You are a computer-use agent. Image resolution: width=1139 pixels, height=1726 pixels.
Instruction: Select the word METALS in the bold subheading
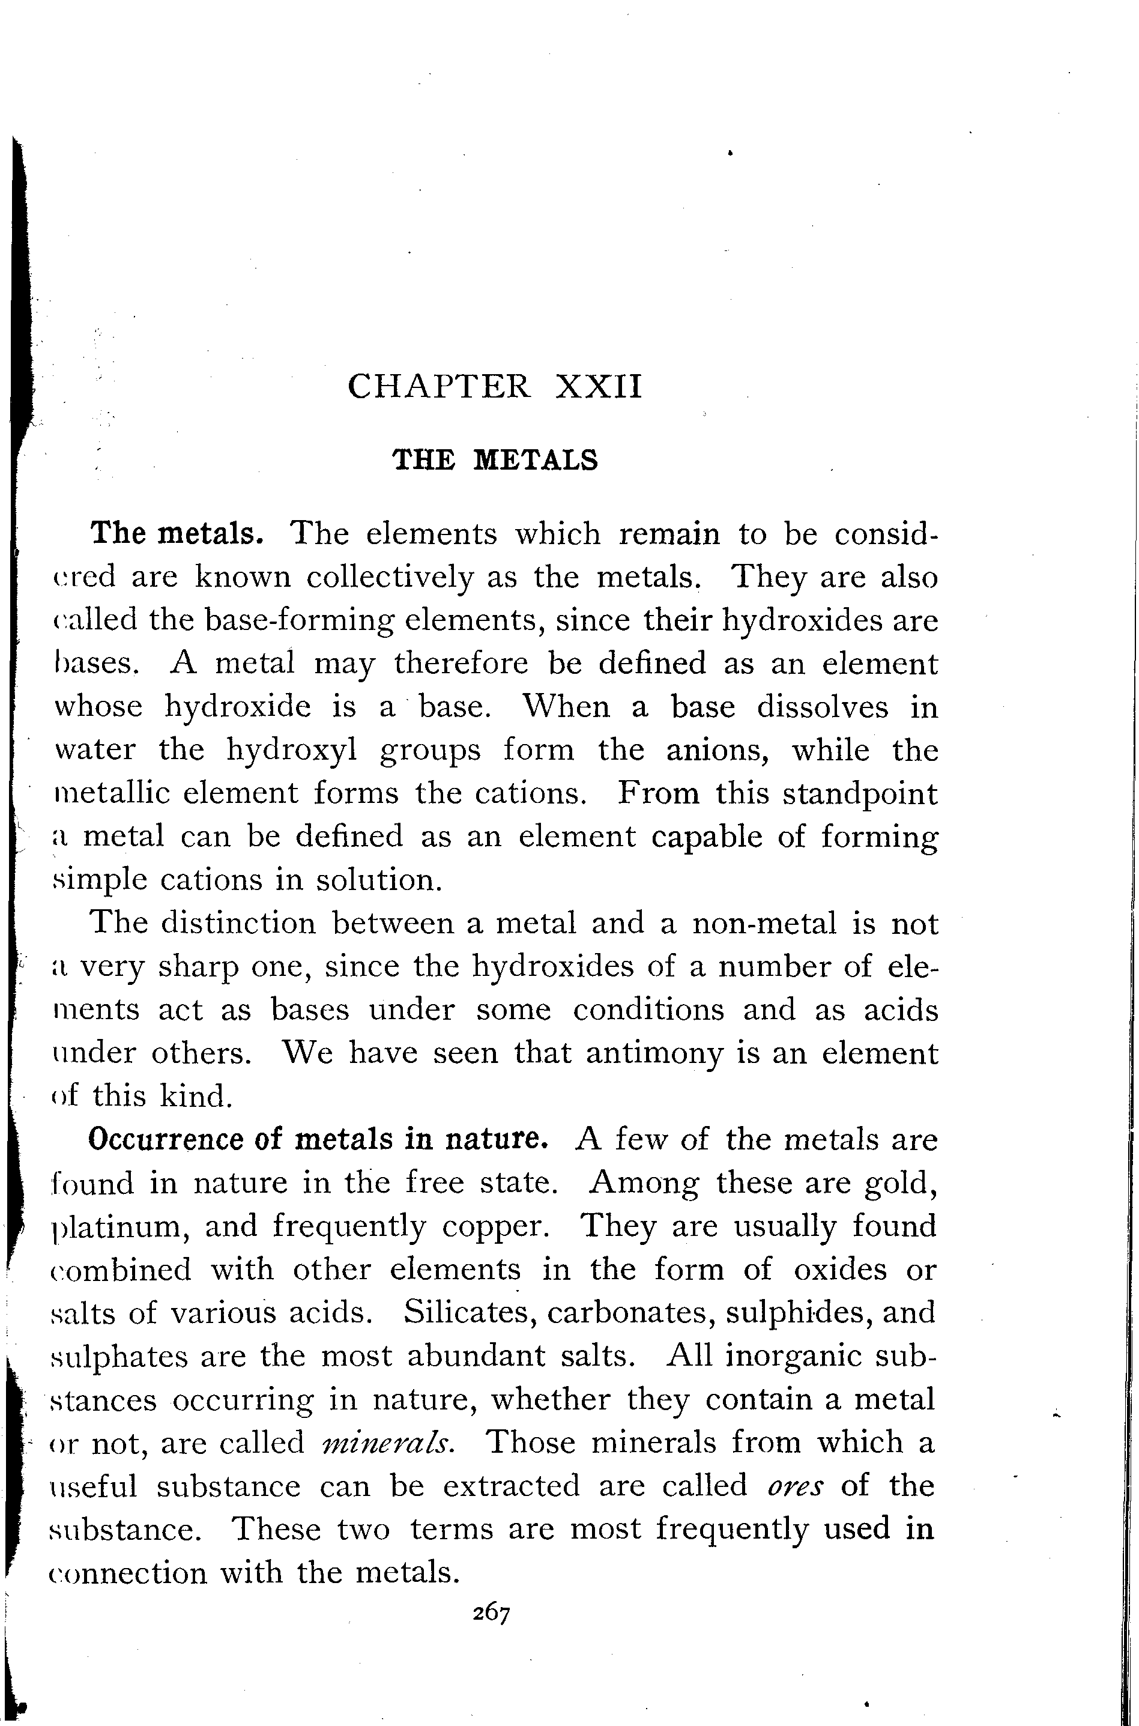536,461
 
